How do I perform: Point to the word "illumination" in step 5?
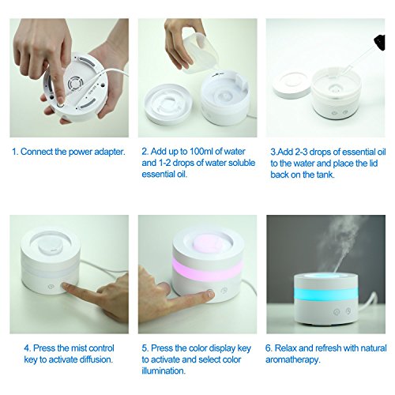[164, 371]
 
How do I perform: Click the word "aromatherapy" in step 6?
[293, 360]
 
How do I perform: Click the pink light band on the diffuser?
[207, 268]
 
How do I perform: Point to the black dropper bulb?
[379, 42]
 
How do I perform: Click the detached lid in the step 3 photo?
[292, 85]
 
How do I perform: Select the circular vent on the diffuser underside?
[75, 85]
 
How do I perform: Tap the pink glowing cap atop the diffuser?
[208, 243]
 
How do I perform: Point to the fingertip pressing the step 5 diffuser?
[210, 293]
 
